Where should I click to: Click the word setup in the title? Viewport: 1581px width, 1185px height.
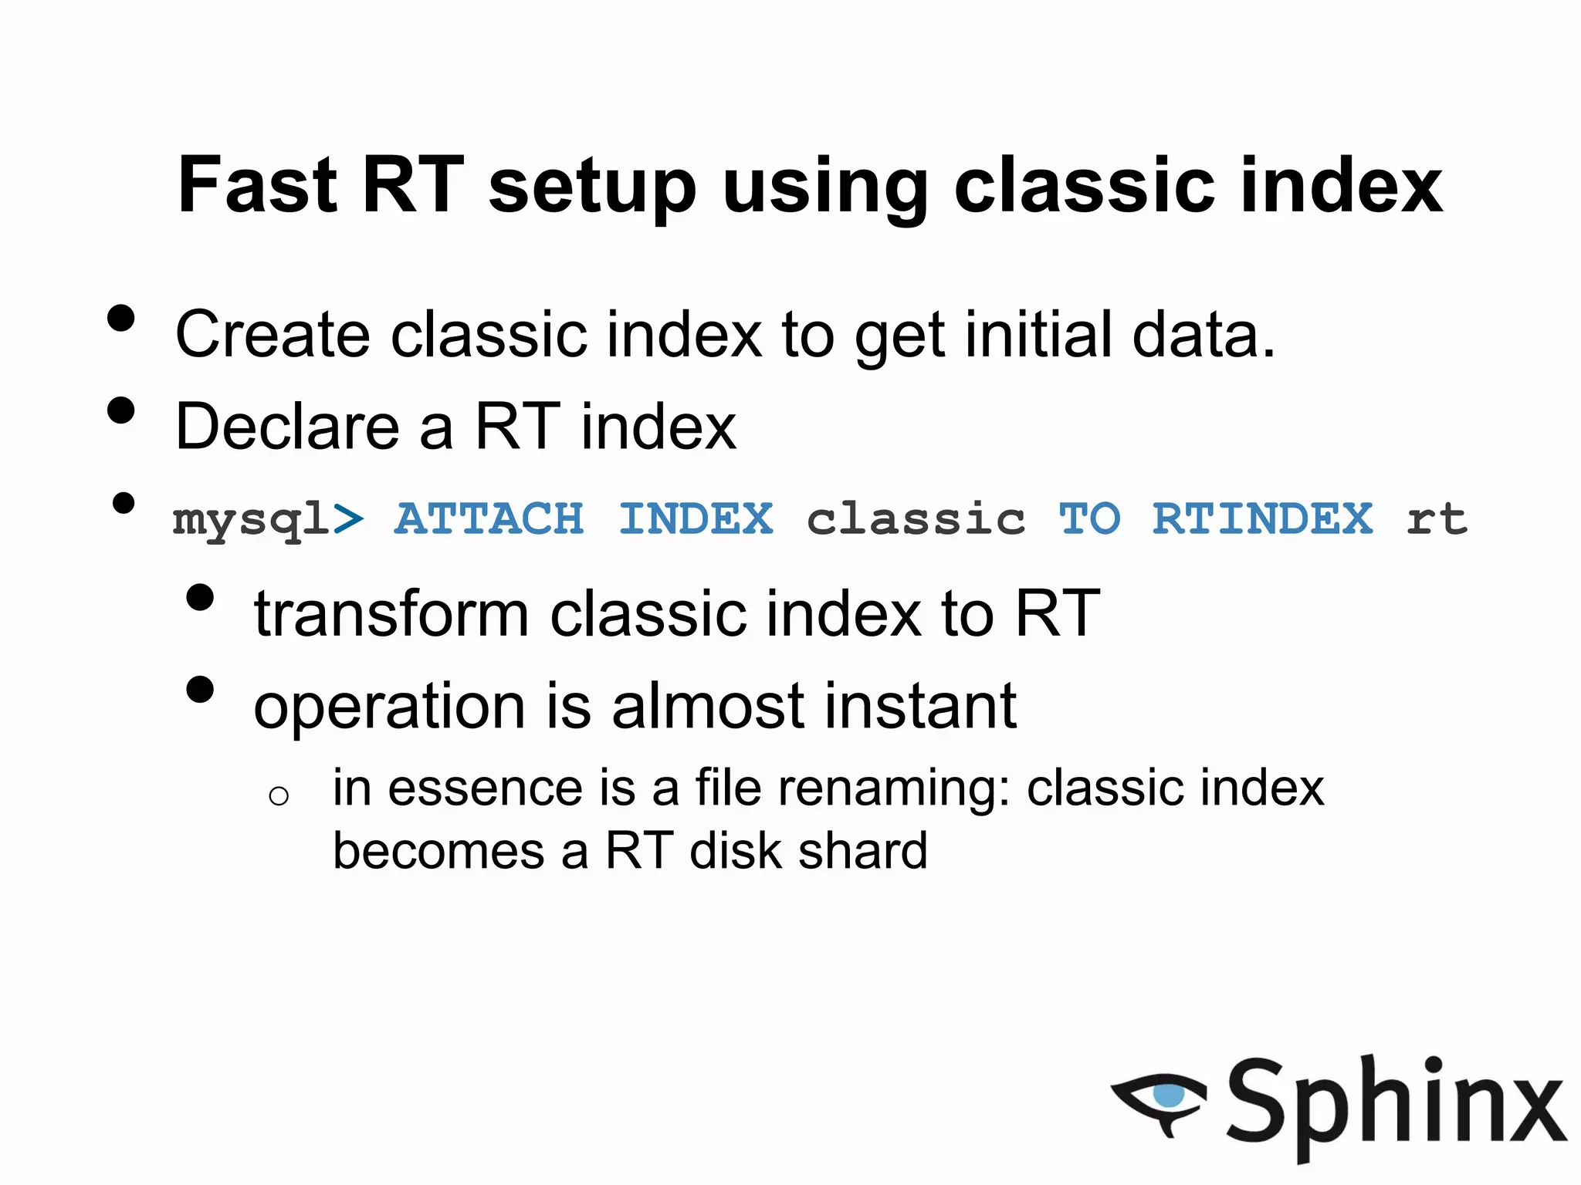592,189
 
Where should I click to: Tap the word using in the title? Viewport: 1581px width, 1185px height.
824,189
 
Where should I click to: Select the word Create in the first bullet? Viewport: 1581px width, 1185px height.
273,335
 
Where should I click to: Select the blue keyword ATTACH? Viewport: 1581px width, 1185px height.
489,518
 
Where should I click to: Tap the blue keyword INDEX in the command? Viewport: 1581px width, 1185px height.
696,518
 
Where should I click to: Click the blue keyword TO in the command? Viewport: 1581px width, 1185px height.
1088,518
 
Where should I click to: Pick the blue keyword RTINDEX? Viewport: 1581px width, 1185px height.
1262,518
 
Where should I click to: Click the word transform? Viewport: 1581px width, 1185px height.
391,613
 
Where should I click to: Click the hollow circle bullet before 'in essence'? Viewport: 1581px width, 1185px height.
279,795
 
